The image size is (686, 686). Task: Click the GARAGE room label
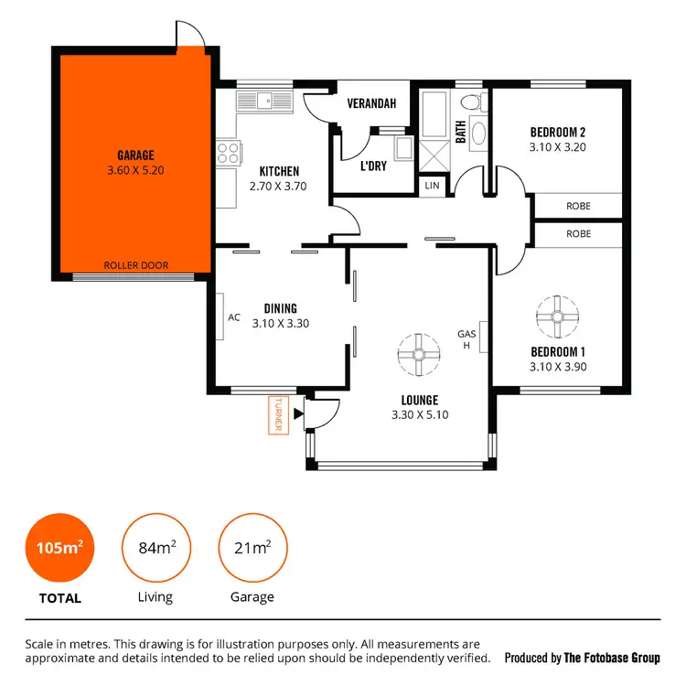135,155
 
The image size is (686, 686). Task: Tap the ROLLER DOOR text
135,266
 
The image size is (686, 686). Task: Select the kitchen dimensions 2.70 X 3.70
279,186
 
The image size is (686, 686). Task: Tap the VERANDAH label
370,103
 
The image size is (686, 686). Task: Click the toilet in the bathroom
472,102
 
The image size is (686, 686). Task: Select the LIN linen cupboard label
433,186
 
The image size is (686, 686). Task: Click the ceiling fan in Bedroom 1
556,316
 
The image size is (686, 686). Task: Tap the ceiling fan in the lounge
418,354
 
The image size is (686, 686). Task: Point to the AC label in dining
234,317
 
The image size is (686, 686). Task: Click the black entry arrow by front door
298,413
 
